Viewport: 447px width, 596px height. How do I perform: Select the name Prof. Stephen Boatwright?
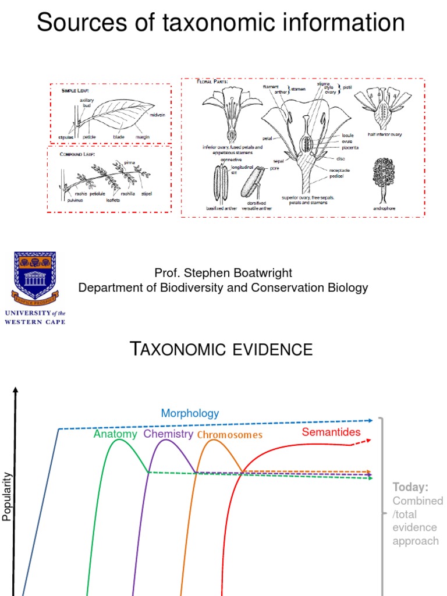(223, 273)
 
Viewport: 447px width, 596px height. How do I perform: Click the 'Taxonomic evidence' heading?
(221, 349)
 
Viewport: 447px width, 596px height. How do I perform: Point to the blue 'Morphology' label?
(190, 413)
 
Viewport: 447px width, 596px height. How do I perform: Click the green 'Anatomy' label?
(115, 434)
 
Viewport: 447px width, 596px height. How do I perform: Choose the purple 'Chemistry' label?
(168, 434)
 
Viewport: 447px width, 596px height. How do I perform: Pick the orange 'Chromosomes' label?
(229, 435)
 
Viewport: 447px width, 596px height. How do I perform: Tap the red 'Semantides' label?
(331, 432)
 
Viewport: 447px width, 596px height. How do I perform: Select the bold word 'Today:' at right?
(410, 487)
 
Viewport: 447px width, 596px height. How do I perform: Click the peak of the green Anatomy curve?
(120, 439)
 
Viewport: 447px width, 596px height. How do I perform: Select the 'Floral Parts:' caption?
(212, 81)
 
